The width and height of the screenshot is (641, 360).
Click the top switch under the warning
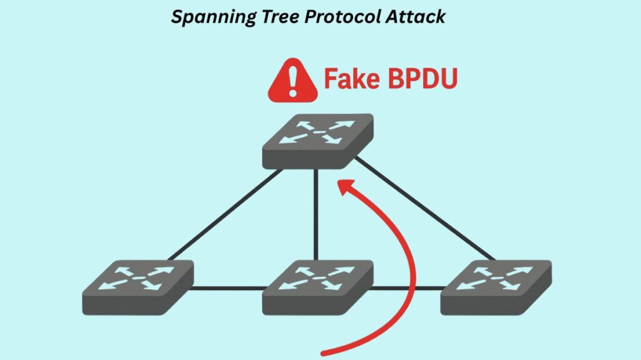[x=317, y=141]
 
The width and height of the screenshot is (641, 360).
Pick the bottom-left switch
[x=138, y=287]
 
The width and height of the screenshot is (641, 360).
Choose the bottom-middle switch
[x=317, y=287]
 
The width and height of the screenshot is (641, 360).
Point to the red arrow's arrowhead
[x=344, y=187]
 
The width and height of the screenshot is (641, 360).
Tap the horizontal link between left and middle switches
[x=228, y=289]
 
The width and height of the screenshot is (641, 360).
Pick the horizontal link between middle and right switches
[x=407, y=289]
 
